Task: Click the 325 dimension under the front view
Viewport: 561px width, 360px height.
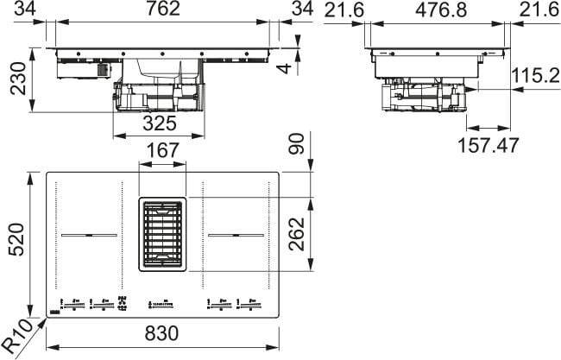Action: [x=158, y=123]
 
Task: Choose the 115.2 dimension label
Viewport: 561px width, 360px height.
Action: [x=532, y=76]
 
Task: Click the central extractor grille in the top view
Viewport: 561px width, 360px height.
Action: [x=161, y=232]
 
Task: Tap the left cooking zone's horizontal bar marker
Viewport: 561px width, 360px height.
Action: [x=88, y=234]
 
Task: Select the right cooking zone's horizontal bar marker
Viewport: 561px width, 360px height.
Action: [x=233, y=234]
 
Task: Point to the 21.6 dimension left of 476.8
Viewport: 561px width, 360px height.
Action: [x=343, y=11]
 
